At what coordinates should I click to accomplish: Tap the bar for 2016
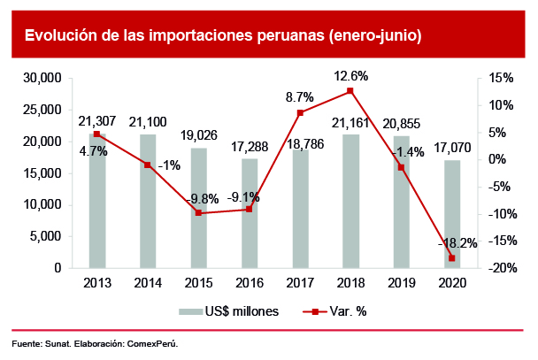coord(250,213)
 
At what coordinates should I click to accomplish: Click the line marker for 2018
coord(350,91)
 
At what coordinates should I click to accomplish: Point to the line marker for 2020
coord(452,258)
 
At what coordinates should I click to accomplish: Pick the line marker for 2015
coord(198,213)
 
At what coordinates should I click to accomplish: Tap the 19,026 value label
coord(199,137)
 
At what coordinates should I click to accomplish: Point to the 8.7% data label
coord(300,97)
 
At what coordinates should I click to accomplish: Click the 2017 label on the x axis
coord(301,284)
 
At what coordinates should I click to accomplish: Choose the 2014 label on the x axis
coord(148,284)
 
